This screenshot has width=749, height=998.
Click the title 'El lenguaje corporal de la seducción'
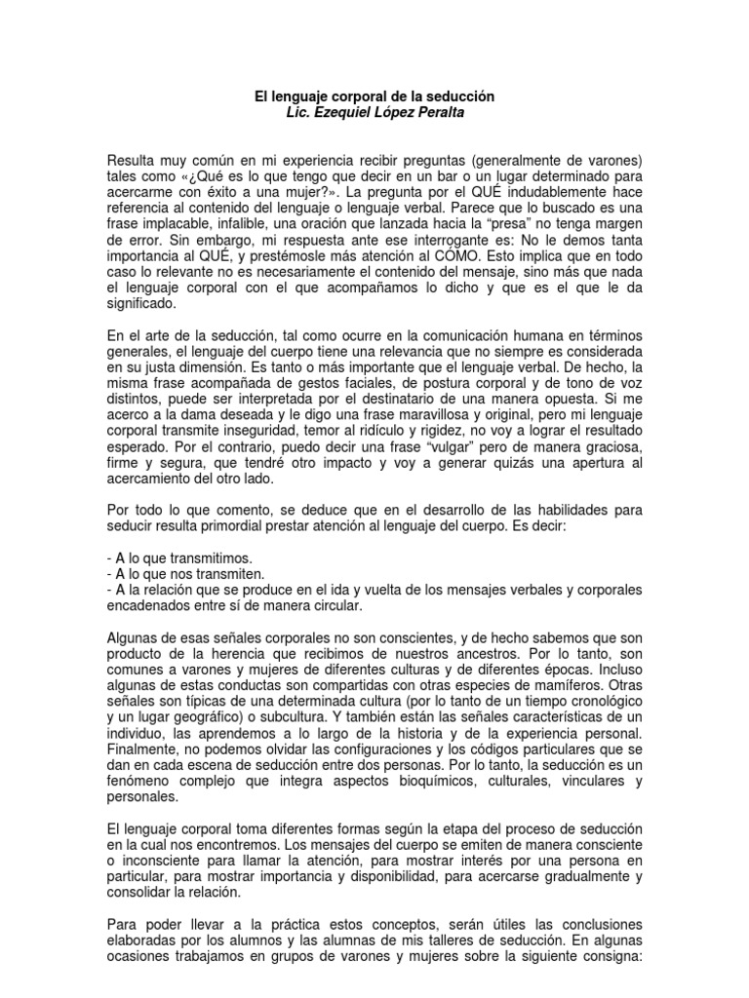pos(374,97)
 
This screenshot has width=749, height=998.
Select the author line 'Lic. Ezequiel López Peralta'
pos(374,114)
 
